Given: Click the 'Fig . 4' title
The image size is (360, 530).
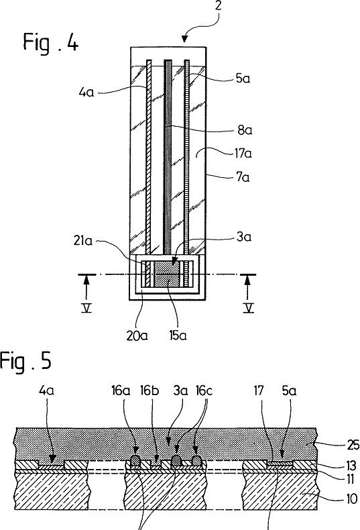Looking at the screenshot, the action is coord(51,42).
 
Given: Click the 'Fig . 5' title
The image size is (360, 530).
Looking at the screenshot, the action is coord(25,361).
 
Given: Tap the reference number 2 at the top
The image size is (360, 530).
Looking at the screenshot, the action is coord(218,6).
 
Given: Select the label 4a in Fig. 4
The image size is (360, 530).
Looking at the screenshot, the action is coord(86,92).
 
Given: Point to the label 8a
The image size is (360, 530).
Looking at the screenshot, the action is coord(245,130).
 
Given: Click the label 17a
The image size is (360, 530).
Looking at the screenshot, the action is coord(243,154).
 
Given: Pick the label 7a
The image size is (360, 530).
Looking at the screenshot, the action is coord(243,176).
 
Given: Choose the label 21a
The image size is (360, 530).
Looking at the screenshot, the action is coord(82,241).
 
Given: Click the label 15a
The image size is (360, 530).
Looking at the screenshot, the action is coord(178,335).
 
